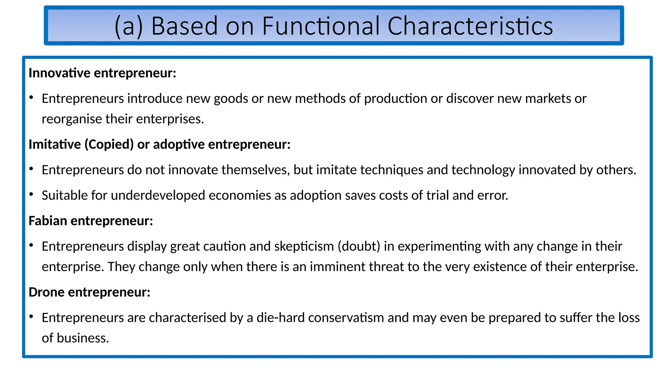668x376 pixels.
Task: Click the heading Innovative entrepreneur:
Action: coord(102,73)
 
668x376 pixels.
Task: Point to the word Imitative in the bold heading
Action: coord(54,144)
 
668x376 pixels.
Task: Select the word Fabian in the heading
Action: coord(48,221)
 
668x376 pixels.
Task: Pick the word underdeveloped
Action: coord(158,196)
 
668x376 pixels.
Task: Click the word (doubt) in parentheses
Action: coord(359,246)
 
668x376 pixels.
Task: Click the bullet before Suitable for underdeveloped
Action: coord(31,195)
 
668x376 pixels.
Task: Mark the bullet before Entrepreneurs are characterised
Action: coord(31,317)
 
